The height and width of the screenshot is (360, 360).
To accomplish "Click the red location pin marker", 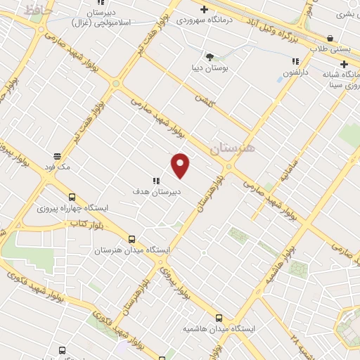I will [181, 165].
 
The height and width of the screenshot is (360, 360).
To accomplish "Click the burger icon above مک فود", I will [57, 156].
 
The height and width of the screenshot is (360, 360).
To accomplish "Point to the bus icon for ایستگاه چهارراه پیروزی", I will [72, 198].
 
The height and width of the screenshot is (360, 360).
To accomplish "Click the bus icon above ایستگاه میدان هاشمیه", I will [219, 318].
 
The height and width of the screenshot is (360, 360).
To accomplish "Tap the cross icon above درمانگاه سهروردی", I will [204, 10].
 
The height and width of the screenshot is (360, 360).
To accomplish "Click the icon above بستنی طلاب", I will [331, 39].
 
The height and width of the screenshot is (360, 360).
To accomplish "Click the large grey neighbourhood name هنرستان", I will [234, 148].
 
